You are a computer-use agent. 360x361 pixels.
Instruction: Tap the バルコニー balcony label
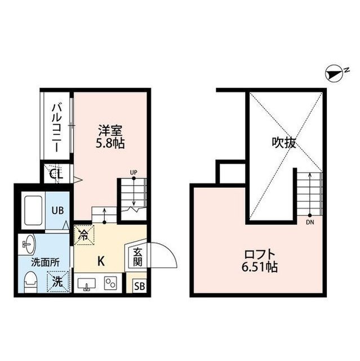coord(57,128)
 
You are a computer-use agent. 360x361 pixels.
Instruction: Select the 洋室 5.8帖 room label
coord(110,137)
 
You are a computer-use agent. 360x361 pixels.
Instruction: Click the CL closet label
coord(56,174)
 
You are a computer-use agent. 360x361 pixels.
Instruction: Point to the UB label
coord(57,210)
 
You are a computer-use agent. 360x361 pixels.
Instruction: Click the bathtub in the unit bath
coord(33,210)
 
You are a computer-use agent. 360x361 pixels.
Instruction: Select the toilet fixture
coord(31,282)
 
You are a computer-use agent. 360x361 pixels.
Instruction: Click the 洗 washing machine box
coord(57,281)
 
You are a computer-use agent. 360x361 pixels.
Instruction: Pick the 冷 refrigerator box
coord(84,235)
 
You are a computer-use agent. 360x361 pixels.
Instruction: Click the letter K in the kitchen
coord(101,261)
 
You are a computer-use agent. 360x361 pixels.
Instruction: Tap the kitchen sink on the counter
coord(87,284)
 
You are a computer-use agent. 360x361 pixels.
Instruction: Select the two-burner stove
coord(110,283)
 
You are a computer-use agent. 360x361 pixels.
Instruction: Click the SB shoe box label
coord(140,286)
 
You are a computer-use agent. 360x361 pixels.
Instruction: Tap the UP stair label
coord(134,172)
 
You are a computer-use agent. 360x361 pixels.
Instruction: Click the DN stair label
coord(310,223)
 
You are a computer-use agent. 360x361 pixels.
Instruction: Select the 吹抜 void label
coord(284,143)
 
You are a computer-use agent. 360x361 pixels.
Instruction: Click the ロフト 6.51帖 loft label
coord(260,261)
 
